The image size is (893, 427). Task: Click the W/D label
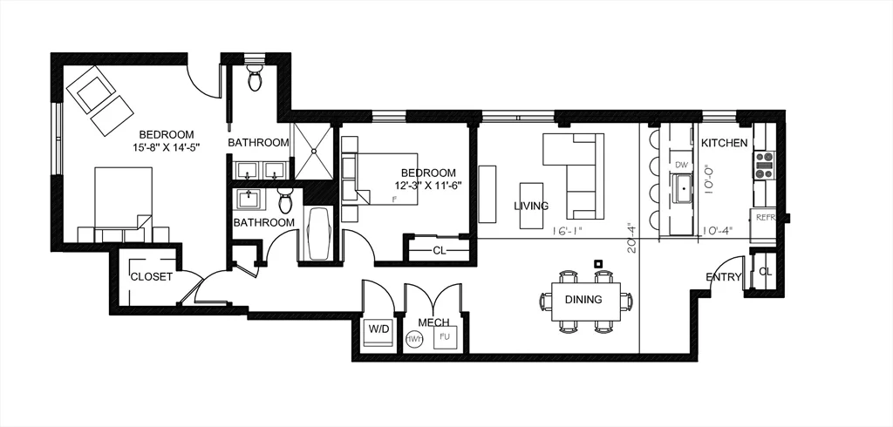click(x=378, y=330)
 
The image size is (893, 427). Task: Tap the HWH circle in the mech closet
click(x=414, y=339)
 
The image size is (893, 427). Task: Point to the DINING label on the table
click(x=583, y=300)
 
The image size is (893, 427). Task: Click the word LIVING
click(x=531, y=207)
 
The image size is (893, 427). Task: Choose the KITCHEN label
click(x=725, y=143)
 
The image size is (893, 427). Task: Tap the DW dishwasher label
click(x=683, y=165)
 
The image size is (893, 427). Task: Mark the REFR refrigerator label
click(x=765, y=217)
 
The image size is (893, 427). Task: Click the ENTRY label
click(x=724, y=278)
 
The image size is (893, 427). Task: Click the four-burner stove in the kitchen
click(x=764, y=166)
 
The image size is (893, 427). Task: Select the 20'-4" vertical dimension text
click(x=631, y=238)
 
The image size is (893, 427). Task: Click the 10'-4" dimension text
click(x=717, y=231)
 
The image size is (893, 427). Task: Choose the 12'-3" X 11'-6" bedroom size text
click(x=427, y=185)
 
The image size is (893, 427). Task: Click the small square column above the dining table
click(x=597, y=263)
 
